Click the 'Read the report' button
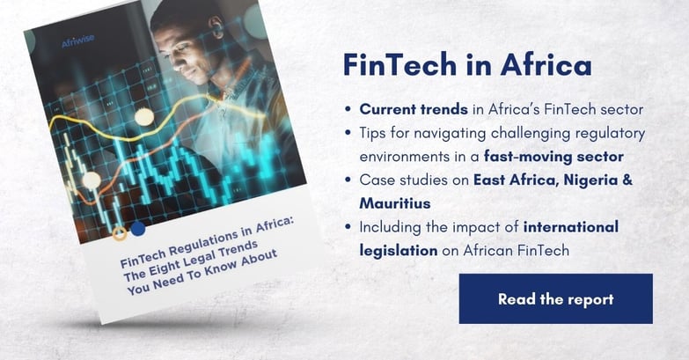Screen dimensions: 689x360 [556, 299]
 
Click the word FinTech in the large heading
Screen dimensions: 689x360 [399, 64]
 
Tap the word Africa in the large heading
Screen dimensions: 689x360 [546, 64]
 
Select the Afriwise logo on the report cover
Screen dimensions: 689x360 [77, 41]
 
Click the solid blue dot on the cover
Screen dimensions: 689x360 [138, 229]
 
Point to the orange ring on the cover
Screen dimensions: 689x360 [120, 233]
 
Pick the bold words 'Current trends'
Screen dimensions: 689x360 [414, 109]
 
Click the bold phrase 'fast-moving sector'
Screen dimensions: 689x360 [553, 157]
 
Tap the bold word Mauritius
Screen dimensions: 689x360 [395, 203]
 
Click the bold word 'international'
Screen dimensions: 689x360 [571, 227]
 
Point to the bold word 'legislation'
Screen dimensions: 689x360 [399, 251]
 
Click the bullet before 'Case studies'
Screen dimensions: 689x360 [348, 180]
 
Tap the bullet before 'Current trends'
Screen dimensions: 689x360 [348, 109]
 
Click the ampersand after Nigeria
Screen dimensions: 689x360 [628, 180]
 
